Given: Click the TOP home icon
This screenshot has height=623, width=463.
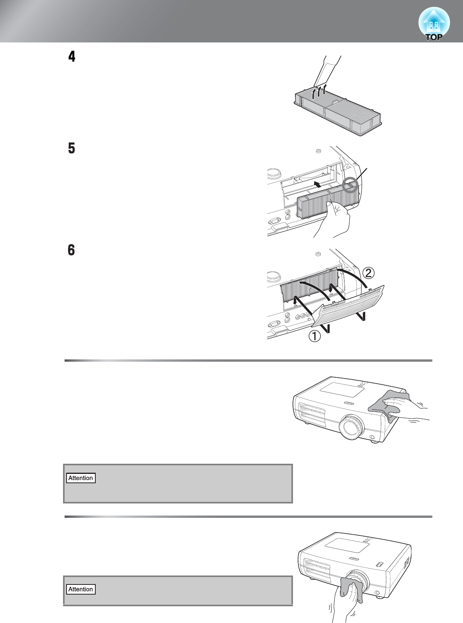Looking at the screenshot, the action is (434, 24).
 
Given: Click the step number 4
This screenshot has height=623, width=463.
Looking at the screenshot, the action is (72, 56).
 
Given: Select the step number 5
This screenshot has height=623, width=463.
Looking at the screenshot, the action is (72, 148).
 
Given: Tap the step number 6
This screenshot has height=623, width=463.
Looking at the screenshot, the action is (71, 250).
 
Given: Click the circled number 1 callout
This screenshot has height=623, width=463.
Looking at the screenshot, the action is (315, 336).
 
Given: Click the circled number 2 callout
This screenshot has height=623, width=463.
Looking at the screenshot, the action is (368, 273).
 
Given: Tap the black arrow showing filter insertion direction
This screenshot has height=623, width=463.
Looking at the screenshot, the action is (317, 183).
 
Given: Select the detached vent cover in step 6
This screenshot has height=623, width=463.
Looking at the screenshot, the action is (348, 306).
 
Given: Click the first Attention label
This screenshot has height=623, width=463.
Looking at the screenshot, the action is (81, 478).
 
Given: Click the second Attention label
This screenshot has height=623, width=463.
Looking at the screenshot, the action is (81, 590).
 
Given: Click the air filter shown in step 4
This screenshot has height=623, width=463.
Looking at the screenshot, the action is (338, 111).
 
